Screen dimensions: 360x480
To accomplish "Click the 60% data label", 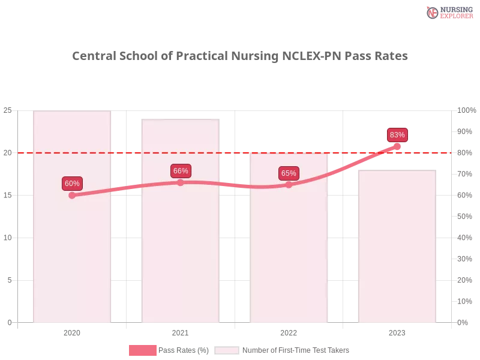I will tap(72, 184).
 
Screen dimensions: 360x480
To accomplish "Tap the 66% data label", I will tap(181, 171).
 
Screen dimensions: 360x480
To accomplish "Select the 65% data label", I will tap(289, 173).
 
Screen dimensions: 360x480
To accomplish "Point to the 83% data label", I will tap(397, 135).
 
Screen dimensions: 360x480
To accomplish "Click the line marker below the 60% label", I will tap(72, 195).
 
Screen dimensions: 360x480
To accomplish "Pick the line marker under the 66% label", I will tap(181, 182).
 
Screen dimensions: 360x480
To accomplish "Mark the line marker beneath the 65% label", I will tap(289, 185).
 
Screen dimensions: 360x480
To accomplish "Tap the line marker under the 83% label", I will tap(397, 146).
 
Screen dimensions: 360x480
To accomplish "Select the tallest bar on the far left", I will tap(72, 240).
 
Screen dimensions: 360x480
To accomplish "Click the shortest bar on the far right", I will tap(397, 252).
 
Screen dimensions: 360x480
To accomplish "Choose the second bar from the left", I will tap(181, 240).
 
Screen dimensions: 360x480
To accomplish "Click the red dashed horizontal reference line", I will tap(234, 152).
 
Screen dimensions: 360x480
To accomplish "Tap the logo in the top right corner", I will tap(448, 12).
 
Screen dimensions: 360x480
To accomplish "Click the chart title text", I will tap(240, 56).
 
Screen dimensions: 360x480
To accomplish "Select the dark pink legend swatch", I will tap(143, 350).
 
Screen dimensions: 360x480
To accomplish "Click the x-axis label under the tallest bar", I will tap(72, 331).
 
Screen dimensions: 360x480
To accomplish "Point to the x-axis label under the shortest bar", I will tap(397, 331).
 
